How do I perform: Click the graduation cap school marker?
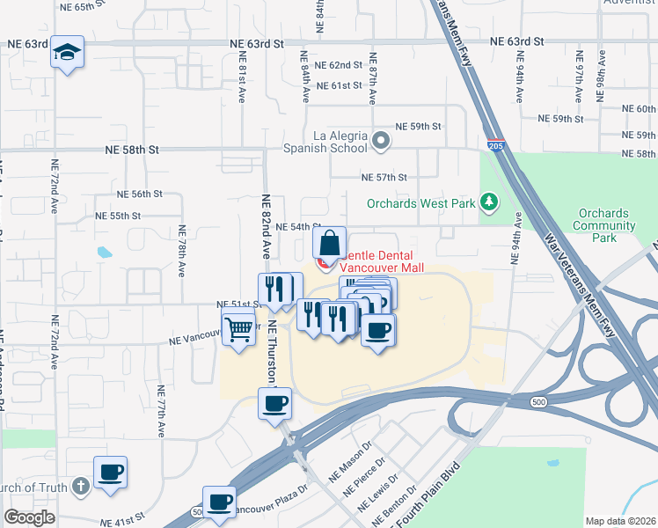pyautogui.click(x=67, y=51)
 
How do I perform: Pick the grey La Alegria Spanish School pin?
pyautogui.click(x=381, y=140)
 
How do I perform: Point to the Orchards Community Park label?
pyautogui.click(x=604, y=225)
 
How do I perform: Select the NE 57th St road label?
pyautogui.click(x=384, y=177)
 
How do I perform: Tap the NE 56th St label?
pyautogui.click(x=140, y=194)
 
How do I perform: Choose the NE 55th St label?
pyautogui.click(x=118, y=216)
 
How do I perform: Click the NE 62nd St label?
pyautogui.click(x=339, y=65)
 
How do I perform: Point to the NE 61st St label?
pyautogui.click(x=339, y=85)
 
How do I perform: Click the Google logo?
pyautogui.click(x=30, y=517)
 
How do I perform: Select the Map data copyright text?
pyautogui.click(x=621, y=521)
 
